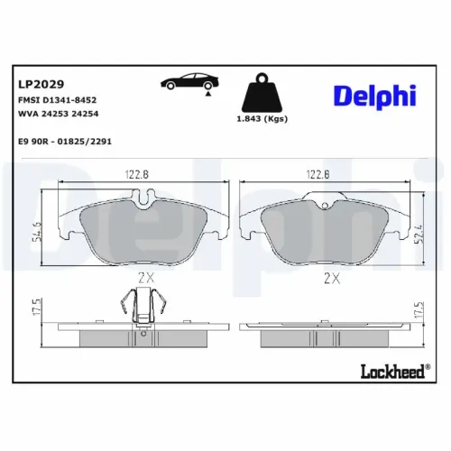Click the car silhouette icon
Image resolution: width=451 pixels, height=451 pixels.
pyautogui.click(x=187, y=81)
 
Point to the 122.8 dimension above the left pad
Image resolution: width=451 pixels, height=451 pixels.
pyautogui.click(x=134, y=176)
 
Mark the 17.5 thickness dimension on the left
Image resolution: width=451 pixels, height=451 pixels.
pyautogui.click(x=37, y=307)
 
